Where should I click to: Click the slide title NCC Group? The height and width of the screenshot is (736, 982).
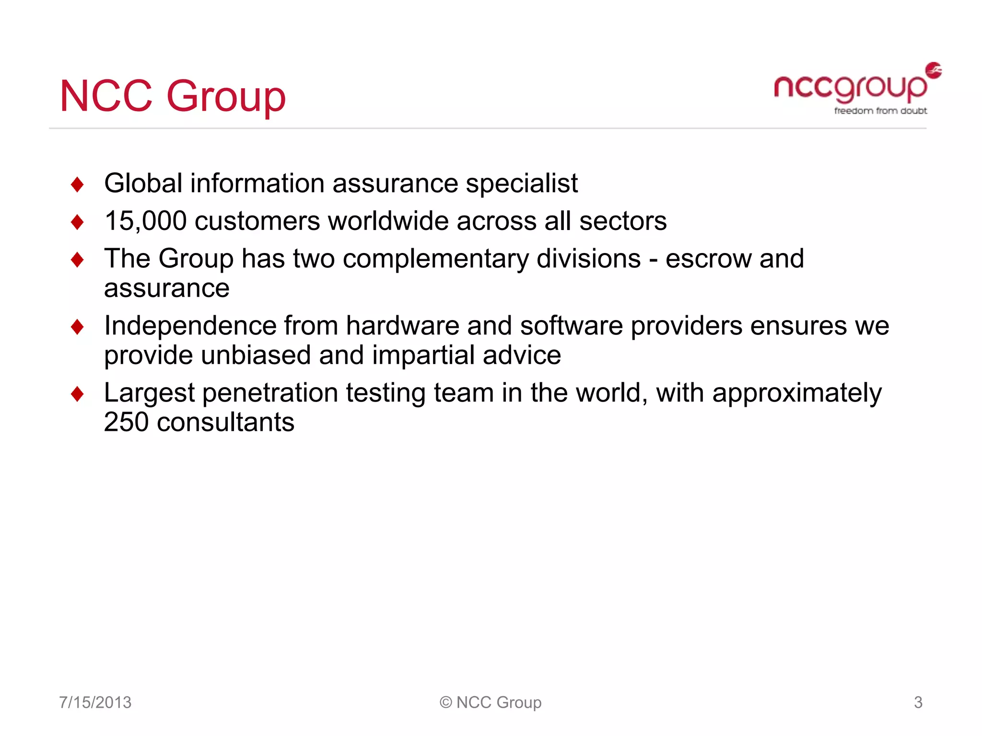coord(173,96)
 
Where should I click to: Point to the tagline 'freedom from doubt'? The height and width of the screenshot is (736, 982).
coord(880,111)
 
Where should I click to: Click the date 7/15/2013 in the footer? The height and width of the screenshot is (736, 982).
coord(95,702)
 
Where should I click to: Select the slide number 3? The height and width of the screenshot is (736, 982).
coord(918,702)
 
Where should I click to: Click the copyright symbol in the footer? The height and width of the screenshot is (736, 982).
coord(446,702)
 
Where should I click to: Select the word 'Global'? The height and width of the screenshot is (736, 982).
coord(143,184)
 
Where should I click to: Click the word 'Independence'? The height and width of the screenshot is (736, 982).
coord(190,326)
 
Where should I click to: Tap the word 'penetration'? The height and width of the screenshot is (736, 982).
coord(270,393)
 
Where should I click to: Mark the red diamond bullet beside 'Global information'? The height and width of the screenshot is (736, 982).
coord(77,184)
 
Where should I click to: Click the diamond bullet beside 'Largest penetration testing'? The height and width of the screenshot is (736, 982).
coord(77,394)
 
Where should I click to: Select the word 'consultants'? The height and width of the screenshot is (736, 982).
coord(225,422)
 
